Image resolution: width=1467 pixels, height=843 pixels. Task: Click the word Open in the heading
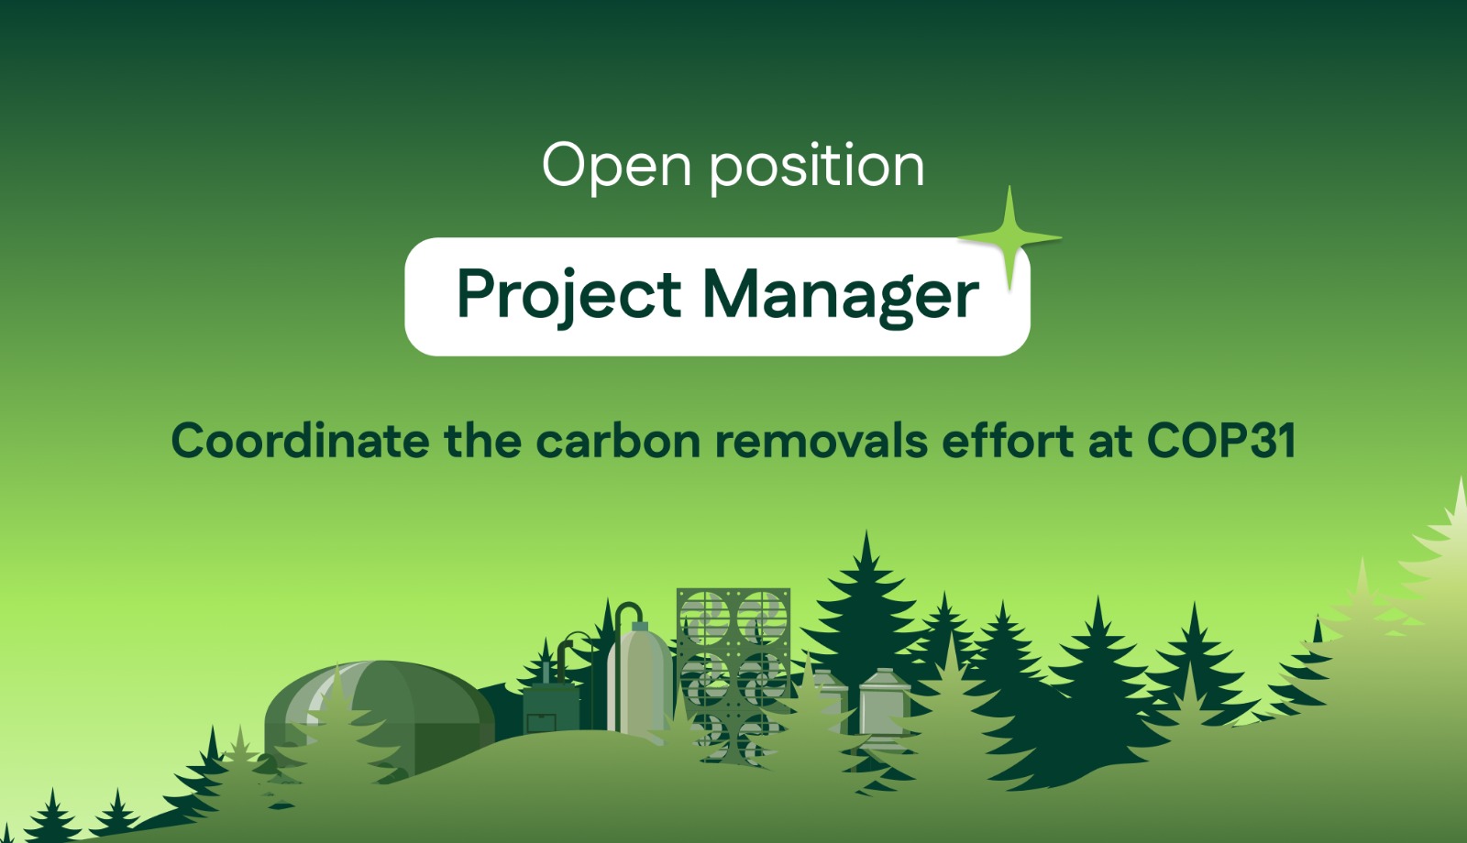point(616,167)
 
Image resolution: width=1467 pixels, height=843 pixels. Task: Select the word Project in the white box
point(568,296)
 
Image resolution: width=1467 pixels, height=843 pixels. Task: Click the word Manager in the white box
point(840,296)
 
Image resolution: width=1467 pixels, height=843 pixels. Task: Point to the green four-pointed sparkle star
point(1009,238)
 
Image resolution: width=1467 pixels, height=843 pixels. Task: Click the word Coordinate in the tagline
point(300,441)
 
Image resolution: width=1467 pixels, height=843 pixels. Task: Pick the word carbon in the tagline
point(618,441)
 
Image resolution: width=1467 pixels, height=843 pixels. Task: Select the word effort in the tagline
point(1008,441)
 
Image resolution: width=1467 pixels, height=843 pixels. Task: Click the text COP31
point(1220,441)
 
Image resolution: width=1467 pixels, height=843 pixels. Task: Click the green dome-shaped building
point(380,714)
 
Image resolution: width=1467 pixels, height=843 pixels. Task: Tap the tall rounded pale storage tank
point(639,681)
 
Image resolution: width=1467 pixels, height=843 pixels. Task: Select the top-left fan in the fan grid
point(704,617)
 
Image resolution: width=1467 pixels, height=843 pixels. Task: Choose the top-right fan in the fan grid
point(762,617)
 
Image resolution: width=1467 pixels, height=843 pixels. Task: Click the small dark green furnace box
point(551,707)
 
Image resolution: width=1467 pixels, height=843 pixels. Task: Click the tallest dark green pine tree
point(866,622)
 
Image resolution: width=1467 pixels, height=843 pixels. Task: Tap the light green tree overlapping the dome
point(337,727)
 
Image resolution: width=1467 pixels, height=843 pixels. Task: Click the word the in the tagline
point(482,441)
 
